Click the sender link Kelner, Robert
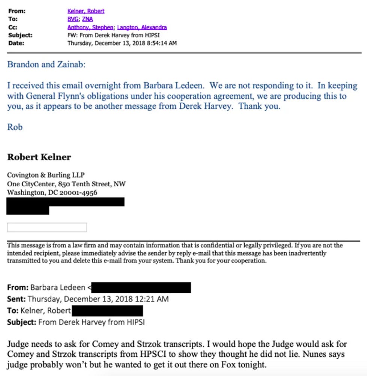tap(86, 11)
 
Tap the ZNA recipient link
tap(87, 19)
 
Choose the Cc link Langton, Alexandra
tap(142, 27)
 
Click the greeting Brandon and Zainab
tap(46, 64)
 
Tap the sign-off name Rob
tap(15, 127)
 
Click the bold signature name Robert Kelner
tap(39, 157)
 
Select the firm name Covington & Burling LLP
tap(46, 175)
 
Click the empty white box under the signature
tap(47, 227)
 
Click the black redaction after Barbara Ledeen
tap(142, 288)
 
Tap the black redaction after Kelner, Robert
tap(107, 311)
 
